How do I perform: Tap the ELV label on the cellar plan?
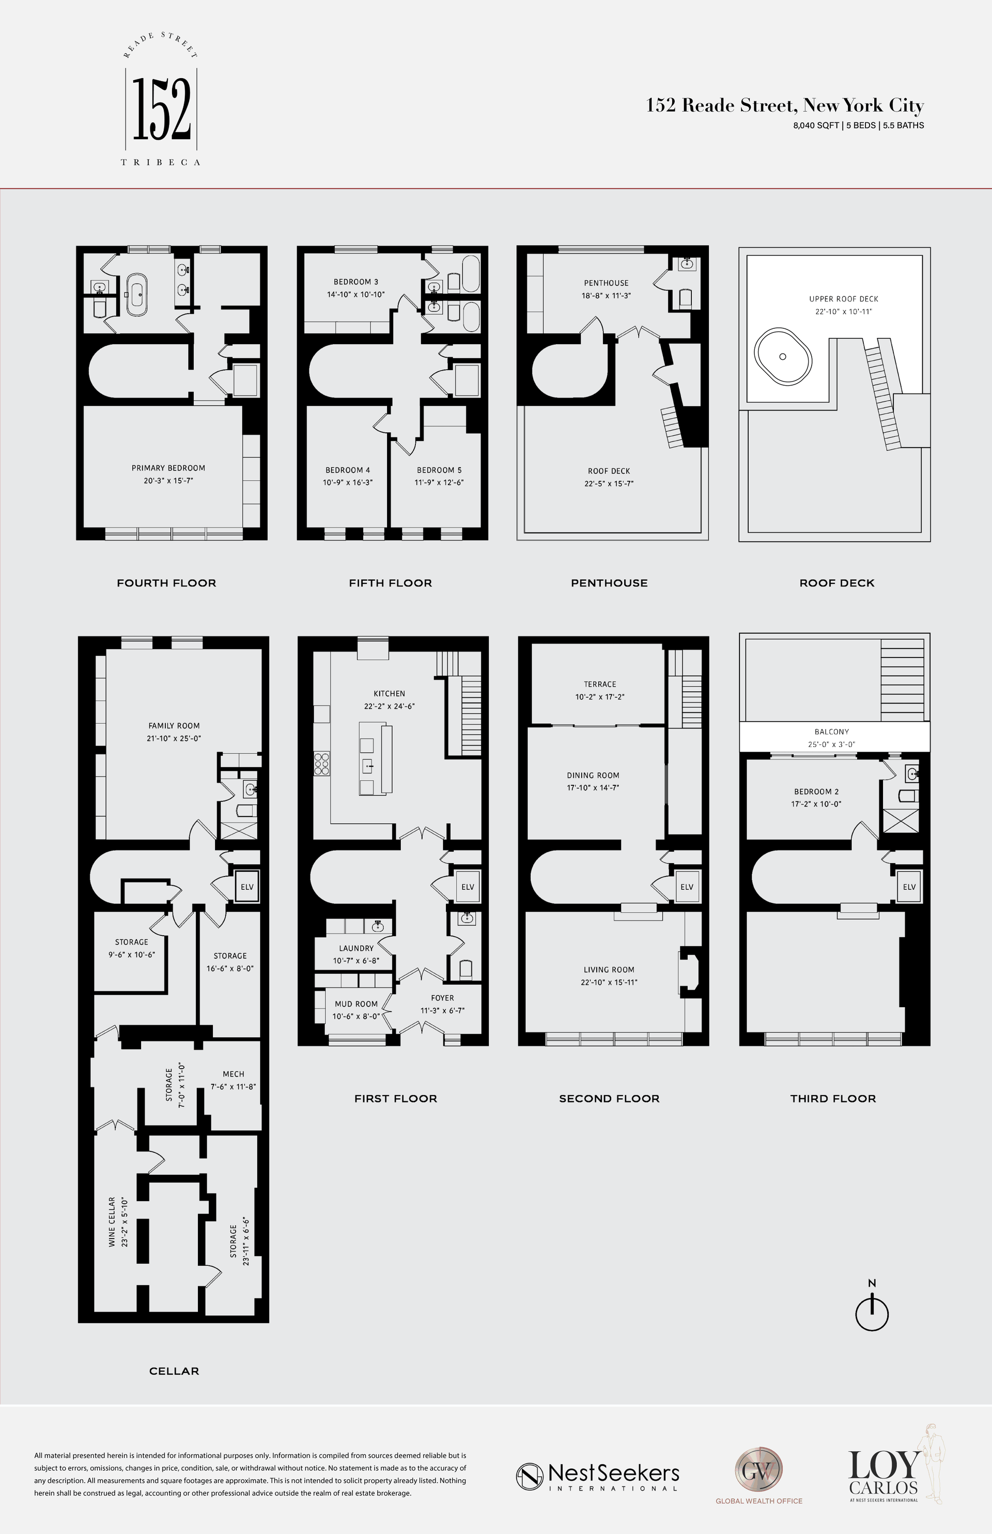(x=247, y=887)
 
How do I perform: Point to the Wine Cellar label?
(x=112, y=1222)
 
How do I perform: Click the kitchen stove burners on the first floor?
(x=321, y=763)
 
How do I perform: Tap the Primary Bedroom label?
(x=168, y=468)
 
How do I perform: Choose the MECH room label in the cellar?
(x=233, y=1074)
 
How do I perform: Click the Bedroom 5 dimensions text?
(x=439, y=482)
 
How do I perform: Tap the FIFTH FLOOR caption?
(x=391, y=583)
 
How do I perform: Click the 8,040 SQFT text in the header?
(x=815, y=126)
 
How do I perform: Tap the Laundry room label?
(x=356, y=948)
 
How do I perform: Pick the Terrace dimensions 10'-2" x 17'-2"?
(x=600, y=697)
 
